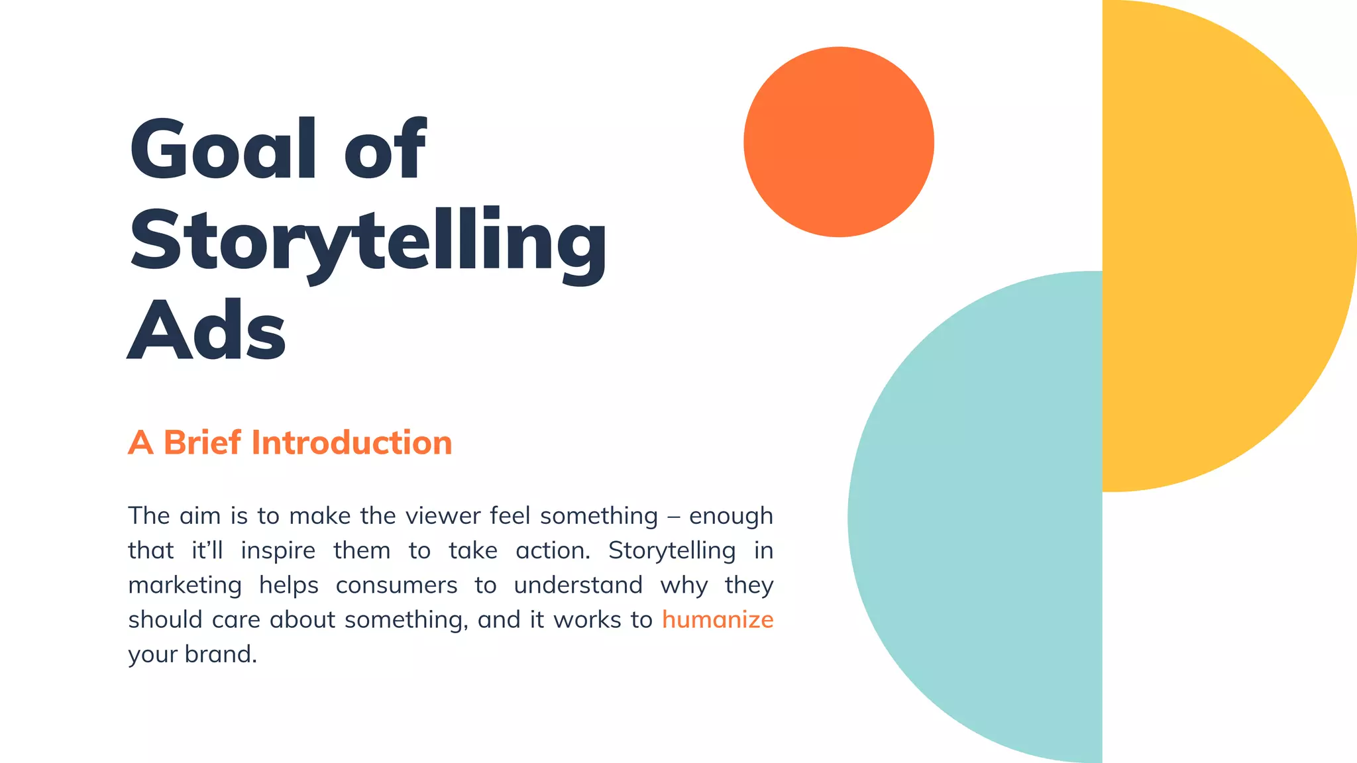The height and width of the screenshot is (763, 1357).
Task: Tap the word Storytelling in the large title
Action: pos(368,242)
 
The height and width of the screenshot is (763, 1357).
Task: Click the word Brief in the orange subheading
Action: pos(202,442)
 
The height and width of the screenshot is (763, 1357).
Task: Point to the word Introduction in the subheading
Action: pos(351,442)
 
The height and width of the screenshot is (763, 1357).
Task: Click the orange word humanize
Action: pos(718,620)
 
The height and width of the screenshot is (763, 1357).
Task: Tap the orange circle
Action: pos(838,142)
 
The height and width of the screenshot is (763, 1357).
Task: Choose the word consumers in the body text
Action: pos(396,585)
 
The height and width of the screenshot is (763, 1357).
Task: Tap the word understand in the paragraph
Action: pos(578,585)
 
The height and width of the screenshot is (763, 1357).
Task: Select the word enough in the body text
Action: pos(731,516)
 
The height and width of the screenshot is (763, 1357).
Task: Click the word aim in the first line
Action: pos(199,516)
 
